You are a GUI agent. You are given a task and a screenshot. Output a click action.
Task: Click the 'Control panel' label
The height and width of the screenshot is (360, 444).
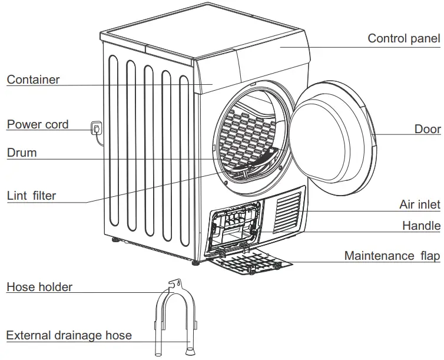tap(403, 39)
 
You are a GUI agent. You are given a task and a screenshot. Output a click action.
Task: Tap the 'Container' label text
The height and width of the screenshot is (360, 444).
tap(33, 80)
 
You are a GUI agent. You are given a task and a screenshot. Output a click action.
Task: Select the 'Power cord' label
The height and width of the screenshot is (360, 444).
tap(38, 124)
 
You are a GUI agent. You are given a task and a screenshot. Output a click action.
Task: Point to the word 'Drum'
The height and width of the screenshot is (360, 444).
tap(22, 153)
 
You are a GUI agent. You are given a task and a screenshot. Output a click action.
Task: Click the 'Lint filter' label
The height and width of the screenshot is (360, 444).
tap(32, 196)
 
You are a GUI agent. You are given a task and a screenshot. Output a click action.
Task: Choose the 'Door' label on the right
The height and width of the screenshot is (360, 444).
tap(427, 129)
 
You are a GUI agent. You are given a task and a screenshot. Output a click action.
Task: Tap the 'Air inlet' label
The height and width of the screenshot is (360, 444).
tap(419, 204)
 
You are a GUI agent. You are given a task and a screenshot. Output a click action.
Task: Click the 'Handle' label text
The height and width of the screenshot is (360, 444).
tap(421, 226)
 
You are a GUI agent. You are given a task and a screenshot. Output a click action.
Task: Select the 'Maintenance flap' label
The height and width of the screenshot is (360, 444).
tap(392, 256)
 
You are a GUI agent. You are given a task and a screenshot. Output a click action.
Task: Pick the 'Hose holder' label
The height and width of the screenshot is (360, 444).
tap(39, 288)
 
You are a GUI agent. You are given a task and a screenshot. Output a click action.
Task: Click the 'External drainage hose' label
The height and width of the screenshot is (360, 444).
tap(69, 336)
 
